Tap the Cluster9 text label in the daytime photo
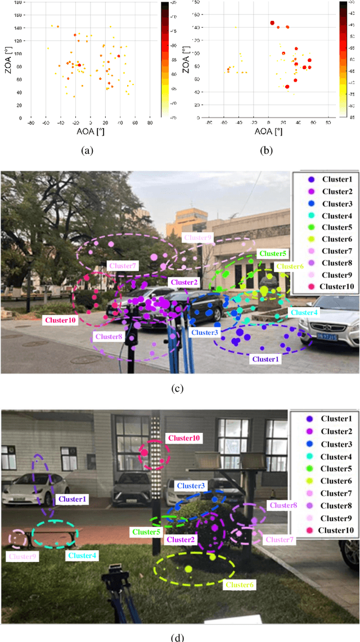pos(197,238)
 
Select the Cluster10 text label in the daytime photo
pos(60,320)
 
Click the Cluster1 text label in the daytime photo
pos(264,358)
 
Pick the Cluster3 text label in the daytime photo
pos(204,333)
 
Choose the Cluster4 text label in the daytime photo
pos(303,312)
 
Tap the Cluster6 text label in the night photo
pos(239,585)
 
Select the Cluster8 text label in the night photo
pos(282,505)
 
